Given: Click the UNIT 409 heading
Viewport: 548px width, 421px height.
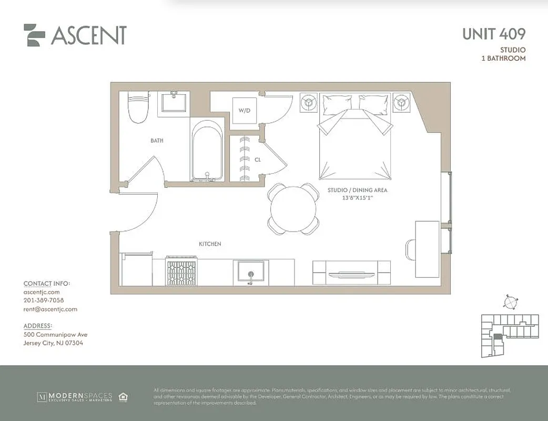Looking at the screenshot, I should click(493, 34).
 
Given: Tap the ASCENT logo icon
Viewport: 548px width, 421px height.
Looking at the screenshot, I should click(34, 35).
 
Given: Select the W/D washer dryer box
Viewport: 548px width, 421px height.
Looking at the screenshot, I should click(245, 111).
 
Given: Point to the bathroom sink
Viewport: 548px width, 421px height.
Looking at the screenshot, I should click(174, 101).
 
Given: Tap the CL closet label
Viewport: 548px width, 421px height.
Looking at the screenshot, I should click(258, 159).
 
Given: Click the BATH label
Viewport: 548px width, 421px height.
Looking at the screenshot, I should click(157, 141).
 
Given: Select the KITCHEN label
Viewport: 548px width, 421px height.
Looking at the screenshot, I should click(210, 244).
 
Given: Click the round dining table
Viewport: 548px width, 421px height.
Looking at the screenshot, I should click(293, 209).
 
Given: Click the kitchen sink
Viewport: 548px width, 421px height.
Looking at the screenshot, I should click(250, 273).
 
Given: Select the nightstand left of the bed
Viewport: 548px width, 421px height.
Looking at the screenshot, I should click(308, 103).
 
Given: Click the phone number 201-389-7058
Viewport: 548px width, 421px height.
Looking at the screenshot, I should click(44, 300).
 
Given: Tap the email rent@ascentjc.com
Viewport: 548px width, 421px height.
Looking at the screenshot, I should click(50, 309).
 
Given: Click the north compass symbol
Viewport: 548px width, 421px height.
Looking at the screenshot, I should click(510, 303).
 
